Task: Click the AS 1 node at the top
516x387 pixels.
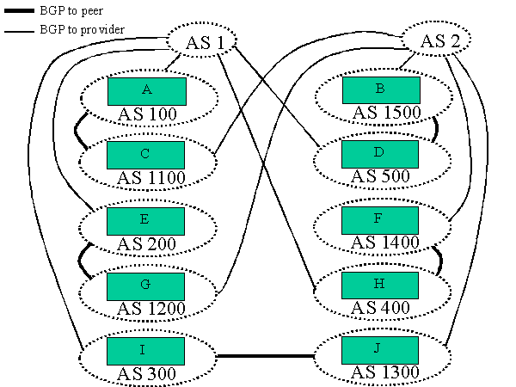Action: tap(200, 40)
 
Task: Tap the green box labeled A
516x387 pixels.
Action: tap(146, 90)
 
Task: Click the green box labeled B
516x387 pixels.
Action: tap(381, 90)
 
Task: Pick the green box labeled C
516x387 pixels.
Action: tap(146, 155)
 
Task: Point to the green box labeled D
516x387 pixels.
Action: tap(381, 155)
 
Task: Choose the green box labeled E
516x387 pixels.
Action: tap(146, 220)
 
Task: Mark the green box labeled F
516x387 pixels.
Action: tap(381, 220)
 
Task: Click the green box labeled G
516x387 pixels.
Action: tap(146, 285)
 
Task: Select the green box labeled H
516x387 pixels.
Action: tap(381, 285)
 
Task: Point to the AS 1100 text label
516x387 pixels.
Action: tap(147, 178)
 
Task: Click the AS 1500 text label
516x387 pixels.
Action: tap(384, 113)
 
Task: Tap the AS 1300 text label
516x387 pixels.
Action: tap(384, 373)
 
